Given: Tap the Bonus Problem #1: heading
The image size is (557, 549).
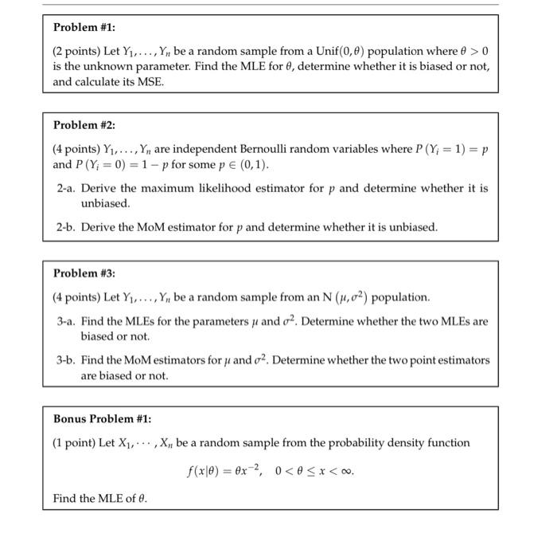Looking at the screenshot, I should coord(102,418).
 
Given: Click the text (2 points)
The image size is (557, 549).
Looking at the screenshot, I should coord(77,50).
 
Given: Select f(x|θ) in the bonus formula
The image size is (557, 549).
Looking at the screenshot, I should coord(204,471).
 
